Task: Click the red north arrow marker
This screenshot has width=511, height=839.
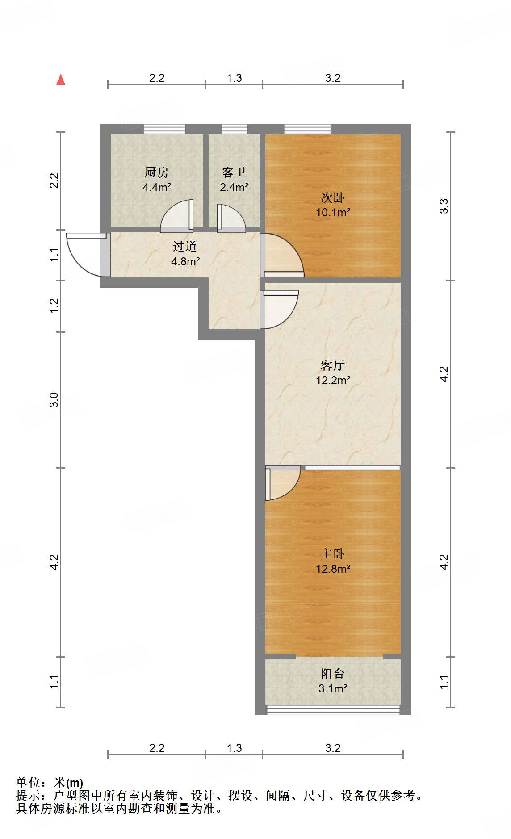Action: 61,80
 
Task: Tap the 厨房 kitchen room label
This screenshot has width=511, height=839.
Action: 156,172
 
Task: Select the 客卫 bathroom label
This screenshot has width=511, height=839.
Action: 234,172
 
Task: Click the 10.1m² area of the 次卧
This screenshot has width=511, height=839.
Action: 333,213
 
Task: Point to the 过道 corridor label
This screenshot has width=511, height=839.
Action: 185,246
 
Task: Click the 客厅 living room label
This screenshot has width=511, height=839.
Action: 333,365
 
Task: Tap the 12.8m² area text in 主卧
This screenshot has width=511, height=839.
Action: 333,569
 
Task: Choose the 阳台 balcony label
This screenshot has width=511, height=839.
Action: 333,674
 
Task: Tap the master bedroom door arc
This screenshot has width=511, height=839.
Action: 282,482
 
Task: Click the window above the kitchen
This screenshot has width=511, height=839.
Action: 164,129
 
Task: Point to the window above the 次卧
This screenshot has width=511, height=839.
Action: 307,129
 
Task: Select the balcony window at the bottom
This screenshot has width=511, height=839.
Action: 333,710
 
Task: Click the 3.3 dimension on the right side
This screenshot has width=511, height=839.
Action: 444,206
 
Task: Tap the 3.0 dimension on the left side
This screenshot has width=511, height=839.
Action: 54,399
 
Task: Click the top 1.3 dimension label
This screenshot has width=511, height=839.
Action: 234,78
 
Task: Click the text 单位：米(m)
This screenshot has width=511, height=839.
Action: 50,783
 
